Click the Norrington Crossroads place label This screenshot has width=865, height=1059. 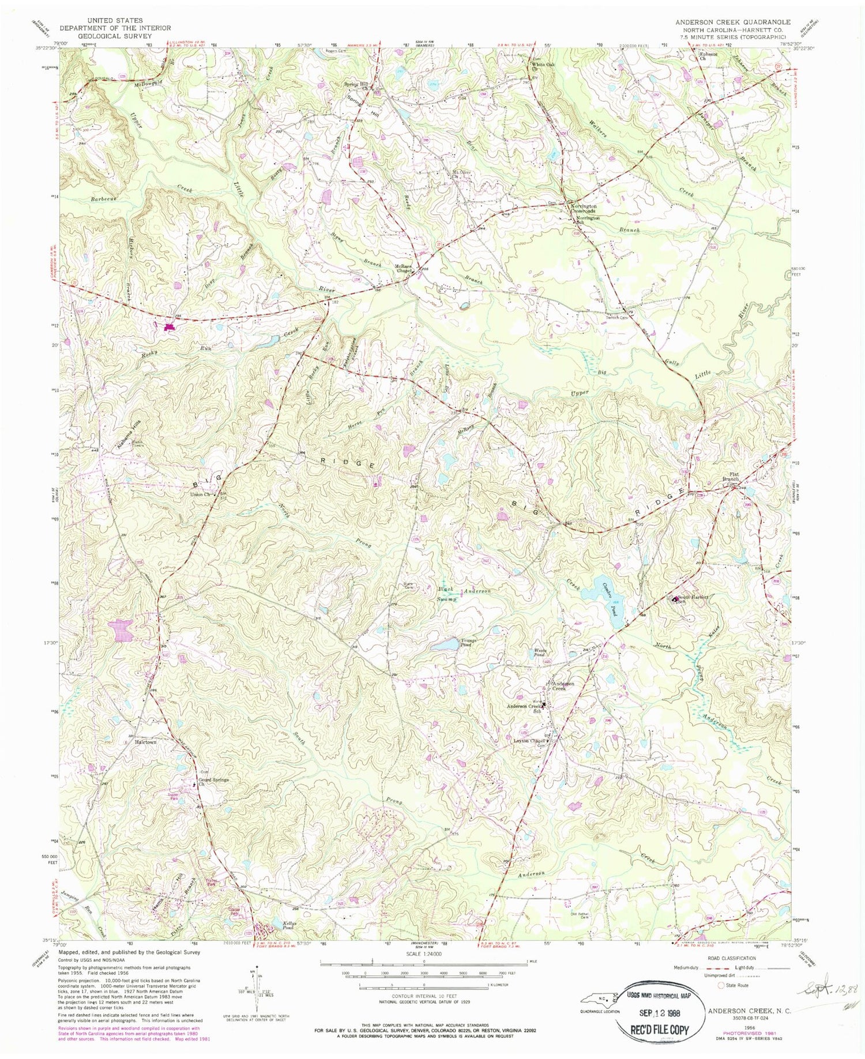tap(584, 208)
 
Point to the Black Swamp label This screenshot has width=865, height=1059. tap(445, 595)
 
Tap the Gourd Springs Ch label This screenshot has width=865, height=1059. tap(213, 782)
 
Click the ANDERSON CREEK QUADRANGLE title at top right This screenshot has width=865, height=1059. tap(733, 21)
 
